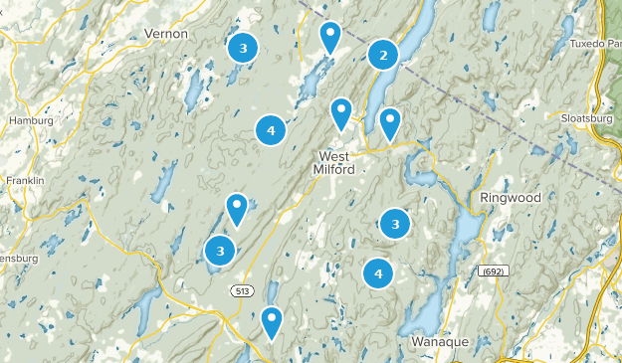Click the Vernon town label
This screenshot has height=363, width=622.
pyautogui.click(x=166, y=33)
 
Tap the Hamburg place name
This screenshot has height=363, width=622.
pyautogui.click(x=29, y=121)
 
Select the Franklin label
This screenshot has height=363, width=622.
pyautogui.click(x=24, y=181)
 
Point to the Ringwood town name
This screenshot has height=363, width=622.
pyautogui.click(x=510, y=197)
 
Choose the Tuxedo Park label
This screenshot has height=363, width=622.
pyautogui.click(x=597, y=44)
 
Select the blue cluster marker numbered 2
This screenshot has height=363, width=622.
pyautogui.click(x=384, y=56)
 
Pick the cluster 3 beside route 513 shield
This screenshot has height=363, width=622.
pyautogui.click(x=220, y=252)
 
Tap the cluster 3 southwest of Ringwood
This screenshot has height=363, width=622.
pyautogui.click(x=396, y=225)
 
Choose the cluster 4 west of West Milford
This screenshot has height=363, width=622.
pyautogui.click(x=270, y=129)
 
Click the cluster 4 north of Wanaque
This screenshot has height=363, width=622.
pyautogui.click(x=378, y=272)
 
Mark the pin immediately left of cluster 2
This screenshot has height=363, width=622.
pyautogui.click(x=330, y=38)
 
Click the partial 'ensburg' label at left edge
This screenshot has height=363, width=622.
pyautogui.click(x=18, y=259)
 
